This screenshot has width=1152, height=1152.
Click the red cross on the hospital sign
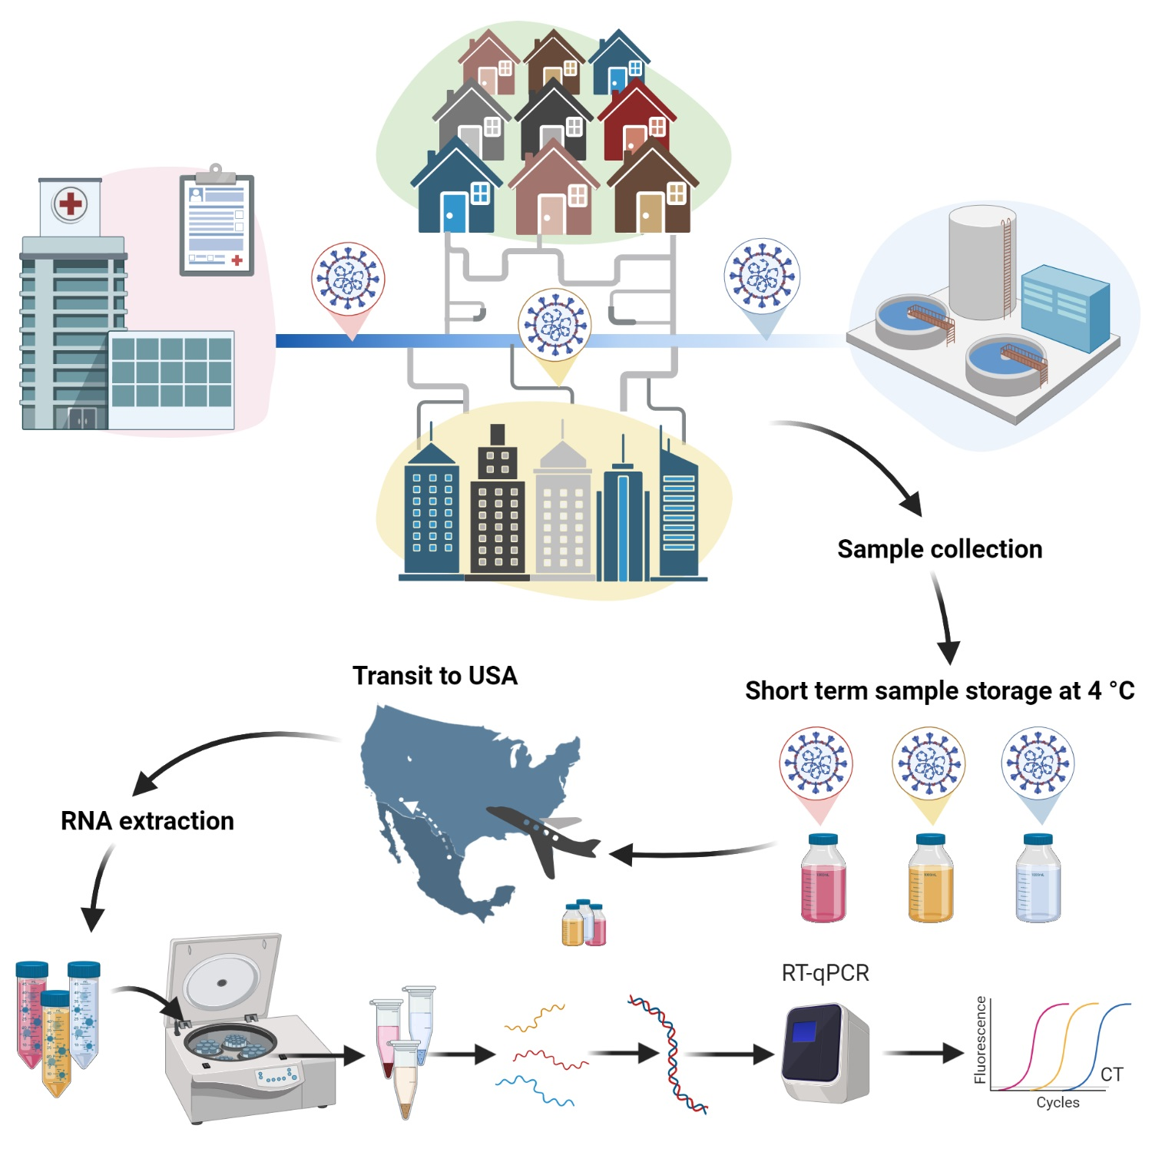coord(70,204)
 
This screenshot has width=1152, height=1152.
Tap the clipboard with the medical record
coord(217,225)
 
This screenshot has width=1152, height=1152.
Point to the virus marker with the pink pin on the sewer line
coord(348,280)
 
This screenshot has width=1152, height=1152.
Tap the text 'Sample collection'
coord(939,549)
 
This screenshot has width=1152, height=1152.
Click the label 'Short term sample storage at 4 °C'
coord(939,690)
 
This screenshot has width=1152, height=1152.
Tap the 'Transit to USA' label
coord(435,675)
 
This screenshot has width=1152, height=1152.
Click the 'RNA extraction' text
coord(147,820)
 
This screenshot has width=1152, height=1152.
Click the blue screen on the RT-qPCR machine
coord(804,1031)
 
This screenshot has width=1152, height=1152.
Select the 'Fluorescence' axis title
coord(980,1040)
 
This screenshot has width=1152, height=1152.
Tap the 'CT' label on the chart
coord(1111,1074)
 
